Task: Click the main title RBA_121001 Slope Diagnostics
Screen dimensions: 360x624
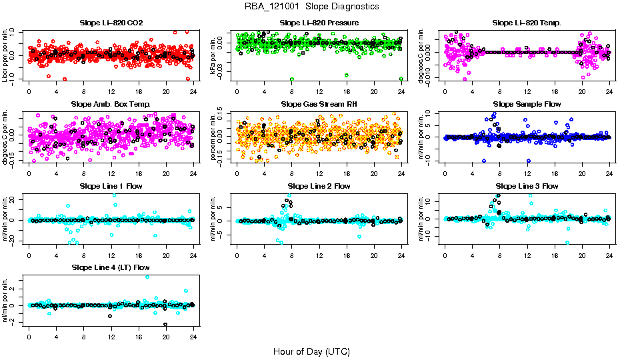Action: (312, 7)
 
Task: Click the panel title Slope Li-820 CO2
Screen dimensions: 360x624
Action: (111, 23)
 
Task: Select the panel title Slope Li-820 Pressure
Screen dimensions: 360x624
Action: (319, 23)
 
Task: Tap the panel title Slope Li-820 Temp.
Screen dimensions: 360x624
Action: (527, 23)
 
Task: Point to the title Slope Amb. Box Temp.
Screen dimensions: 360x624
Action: (111, 105)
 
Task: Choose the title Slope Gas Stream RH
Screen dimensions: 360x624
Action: (319, 105)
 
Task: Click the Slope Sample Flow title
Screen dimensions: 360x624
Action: (527, 105)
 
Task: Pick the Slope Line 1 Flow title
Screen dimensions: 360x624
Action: (111, 186)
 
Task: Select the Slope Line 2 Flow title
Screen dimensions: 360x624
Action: (319, 186)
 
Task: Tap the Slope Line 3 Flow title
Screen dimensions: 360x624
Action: (527, 186)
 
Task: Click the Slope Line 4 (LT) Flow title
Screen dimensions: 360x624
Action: (111, 267)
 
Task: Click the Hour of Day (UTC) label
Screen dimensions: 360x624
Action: (311, 351)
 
